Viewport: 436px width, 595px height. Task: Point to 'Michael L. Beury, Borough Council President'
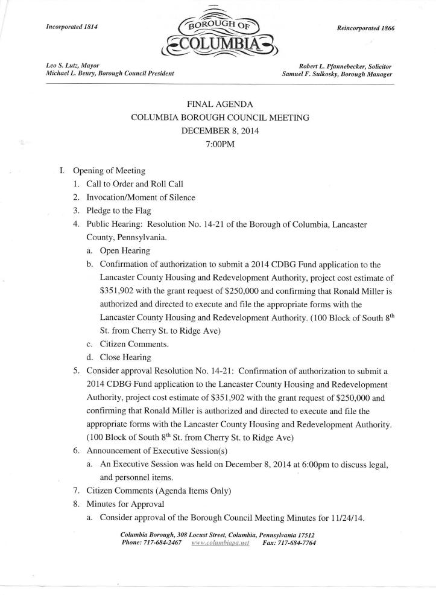point(110,73)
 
